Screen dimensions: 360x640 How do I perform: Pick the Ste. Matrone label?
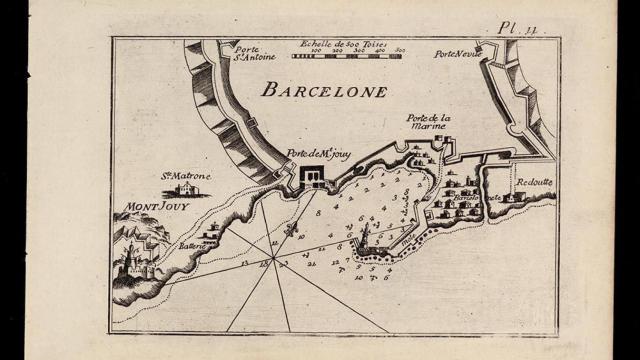click(x=186, y=174)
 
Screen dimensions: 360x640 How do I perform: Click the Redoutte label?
click(x=535, y=183)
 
